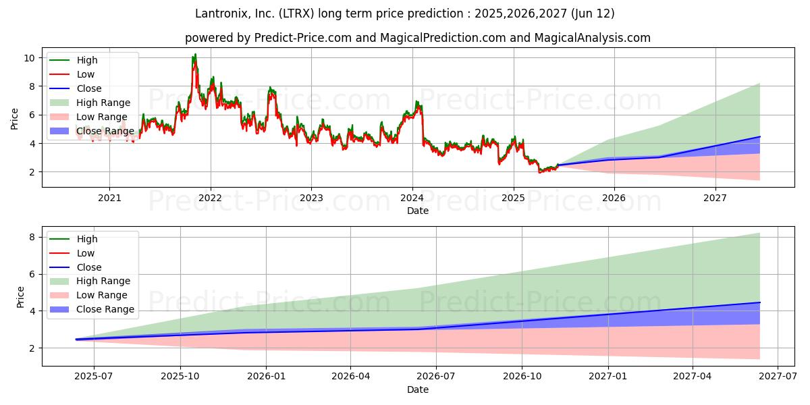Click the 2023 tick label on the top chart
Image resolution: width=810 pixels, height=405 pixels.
coord(311,198)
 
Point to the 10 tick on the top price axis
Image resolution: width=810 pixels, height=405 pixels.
coord(29,58)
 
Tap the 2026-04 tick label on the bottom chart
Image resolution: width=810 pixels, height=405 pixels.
coord(350,377)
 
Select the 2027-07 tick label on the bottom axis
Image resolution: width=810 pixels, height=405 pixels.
coord(778,377)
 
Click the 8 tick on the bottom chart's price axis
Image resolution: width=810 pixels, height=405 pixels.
coord(32,237)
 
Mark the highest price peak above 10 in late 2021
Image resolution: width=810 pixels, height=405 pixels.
coord(195,54)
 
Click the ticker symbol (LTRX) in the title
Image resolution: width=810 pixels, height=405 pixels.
coord(296,13)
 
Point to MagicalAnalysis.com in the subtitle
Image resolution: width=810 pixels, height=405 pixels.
coord(593,38)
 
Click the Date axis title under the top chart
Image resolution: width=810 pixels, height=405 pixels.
coord(418,211)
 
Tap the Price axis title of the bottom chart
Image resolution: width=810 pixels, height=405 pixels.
coord(20,297)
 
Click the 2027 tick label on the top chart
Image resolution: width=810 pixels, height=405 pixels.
coord(715,198)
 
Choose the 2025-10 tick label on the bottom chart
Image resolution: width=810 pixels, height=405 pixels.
coord(180,377)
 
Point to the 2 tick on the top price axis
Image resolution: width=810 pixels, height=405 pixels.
coord(32,172)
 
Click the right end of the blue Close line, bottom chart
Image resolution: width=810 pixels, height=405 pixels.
coord(760,302)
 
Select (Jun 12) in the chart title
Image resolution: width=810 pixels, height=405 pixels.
coord(593,13)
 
